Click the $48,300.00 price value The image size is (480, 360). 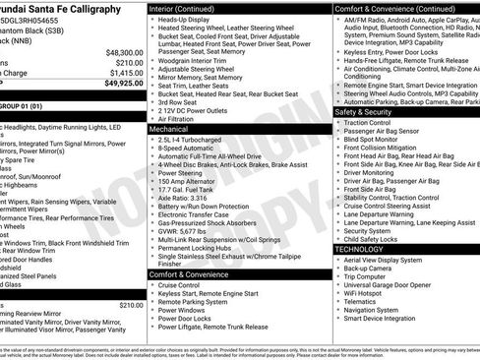click(123, 52)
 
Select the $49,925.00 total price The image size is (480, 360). click(123, 84)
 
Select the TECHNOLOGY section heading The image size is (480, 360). click(363, 249)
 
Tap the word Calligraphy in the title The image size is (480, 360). click(121, 9)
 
